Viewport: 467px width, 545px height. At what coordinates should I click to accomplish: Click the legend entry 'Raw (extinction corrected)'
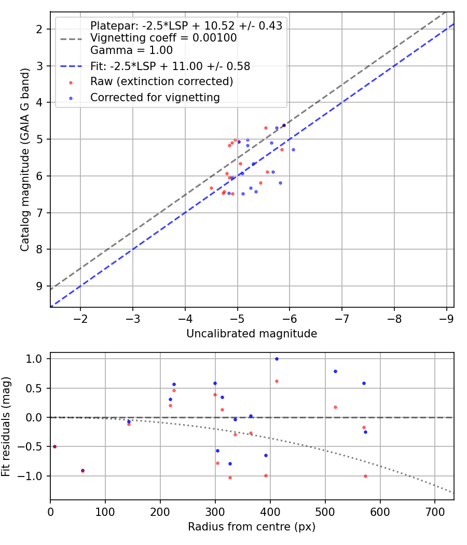click(x=161, y=81)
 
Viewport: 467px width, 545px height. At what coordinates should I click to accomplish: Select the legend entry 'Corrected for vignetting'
click(x=155, y=98)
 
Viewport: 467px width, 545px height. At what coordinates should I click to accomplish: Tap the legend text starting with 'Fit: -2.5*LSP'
click(x=170, y=66)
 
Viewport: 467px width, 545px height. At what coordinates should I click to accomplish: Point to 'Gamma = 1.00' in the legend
click(x=131, y=50)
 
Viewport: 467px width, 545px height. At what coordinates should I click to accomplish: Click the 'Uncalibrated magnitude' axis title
click(x=252, y=334)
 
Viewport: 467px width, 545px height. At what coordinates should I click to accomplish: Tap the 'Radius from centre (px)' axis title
click(x=252, y=527)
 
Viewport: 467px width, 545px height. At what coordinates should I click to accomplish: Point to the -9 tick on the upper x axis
click(x=447, y=318)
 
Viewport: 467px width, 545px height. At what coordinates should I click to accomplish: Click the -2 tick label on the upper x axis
click(x=80, y=318)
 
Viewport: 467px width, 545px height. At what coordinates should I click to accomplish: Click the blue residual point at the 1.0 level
click(x=277, y=359)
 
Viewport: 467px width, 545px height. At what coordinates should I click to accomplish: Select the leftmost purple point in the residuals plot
click(x=54, y=446)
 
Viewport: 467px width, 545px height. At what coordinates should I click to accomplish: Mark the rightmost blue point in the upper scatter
click(x=293, y=149)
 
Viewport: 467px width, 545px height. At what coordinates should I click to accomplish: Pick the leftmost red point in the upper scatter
click(x=211, y=188)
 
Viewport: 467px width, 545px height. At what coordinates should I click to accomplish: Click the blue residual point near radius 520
click(x=335, y=371)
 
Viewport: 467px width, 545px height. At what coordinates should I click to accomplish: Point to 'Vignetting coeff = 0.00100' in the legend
click(x=163, y=38)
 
